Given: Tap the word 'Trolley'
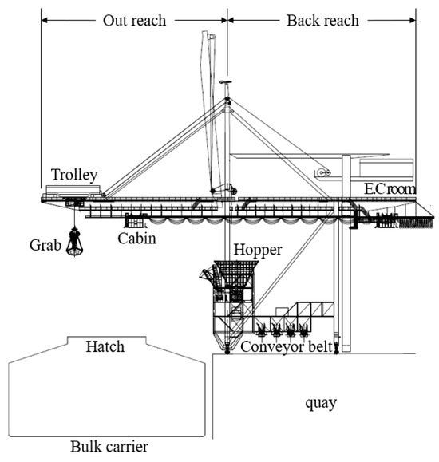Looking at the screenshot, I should [x=74, y=175].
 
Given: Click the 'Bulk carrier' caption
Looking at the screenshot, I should [x=106, y=445].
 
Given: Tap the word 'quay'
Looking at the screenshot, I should [x=320, y=403].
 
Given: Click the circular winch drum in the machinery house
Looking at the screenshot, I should [x=322, y=172].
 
